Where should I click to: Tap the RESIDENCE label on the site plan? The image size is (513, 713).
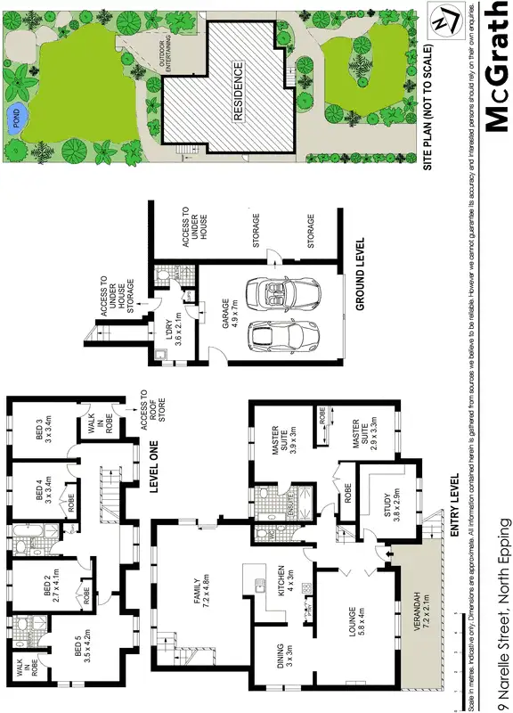pyautogui.click(x=238, y=92)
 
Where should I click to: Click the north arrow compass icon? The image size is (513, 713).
pyautogui.click(x=443, y=19)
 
